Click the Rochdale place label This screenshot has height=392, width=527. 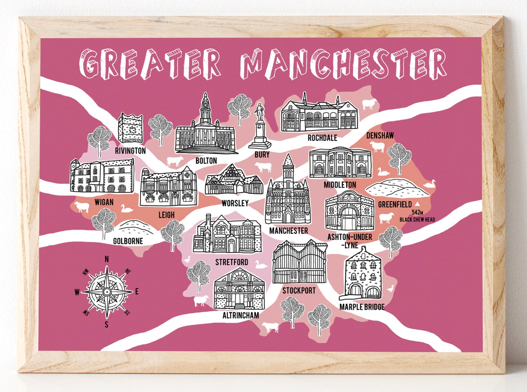pyautogui.click(x=322, y=138)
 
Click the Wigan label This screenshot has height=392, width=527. pyautogui.click(x=104, y=202)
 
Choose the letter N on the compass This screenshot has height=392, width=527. pyautogui.click(x=107, y=260)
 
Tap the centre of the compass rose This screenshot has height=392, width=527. pyautogui.click(x=107, y=291)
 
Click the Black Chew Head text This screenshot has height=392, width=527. pyautogui.click(x=417, y=219)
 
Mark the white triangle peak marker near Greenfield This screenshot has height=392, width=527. pyautogui.click(x=417, y=204)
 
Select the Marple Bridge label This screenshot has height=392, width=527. pyautogui.click(x=362, y=307)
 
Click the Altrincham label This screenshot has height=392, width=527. pyautogui.click(x=241, y=315)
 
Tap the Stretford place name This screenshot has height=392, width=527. pyautogui.click(x=232, y=262)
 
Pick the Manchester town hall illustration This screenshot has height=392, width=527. pyautogui.click(x=288, y=196)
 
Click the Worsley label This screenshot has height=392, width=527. pyautogui.click(x=235, y=203)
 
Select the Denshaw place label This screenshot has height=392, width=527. pyautogui.click(x=380, y=135)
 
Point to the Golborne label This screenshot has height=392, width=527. pyautogui.click(x=128, y=241)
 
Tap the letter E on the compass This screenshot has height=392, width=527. pyautogui.click(x=137, y=292)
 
